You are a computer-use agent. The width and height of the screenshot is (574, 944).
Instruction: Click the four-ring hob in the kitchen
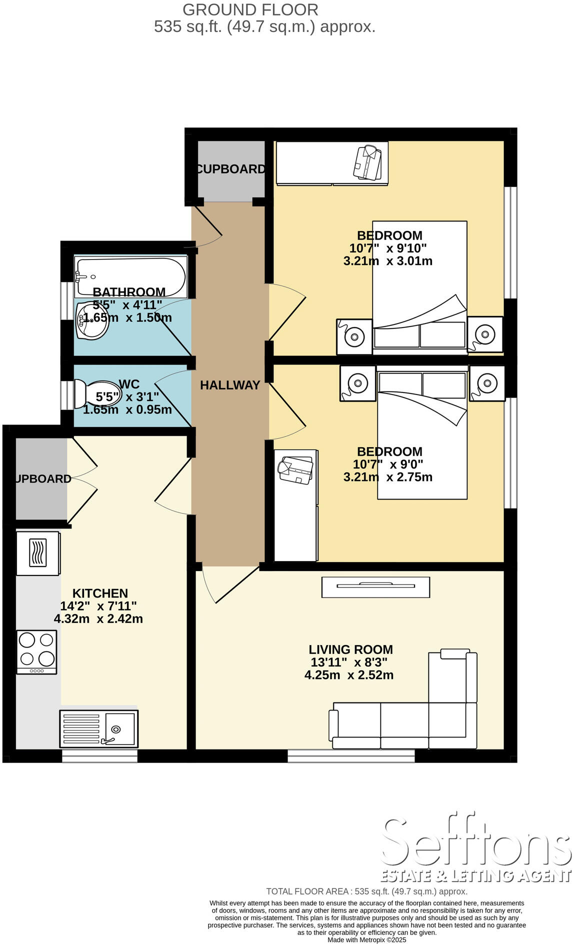[x=36, y=651]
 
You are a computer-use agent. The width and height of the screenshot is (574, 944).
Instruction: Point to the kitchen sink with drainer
[x=99, y=728]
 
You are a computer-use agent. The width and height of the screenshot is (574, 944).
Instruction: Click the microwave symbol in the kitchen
[x=38, y=553]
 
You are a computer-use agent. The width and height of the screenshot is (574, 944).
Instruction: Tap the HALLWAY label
[x=230, y=385]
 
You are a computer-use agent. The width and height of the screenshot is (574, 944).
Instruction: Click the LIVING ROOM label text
[x=350, y=649]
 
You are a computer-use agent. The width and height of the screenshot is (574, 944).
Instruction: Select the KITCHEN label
[x=100, y=593]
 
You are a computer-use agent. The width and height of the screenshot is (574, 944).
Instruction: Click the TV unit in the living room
[x=375, y=586]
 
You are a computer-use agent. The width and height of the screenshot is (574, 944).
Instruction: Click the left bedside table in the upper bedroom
[x=354, y=336]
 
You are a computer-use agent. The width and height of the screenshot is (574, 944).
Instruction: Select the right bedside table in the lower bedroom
[x=486, y=383]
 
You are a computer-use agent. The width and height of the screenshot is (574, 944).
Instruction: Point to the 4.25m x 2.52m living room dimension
[x=349, y=675]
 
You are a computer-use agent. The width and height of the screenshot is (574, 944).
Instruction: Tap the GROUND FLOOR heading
[x=250, y=9]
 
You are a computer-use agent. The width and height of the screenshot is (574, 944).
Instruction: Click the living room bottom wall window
[x=351, y=755]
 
